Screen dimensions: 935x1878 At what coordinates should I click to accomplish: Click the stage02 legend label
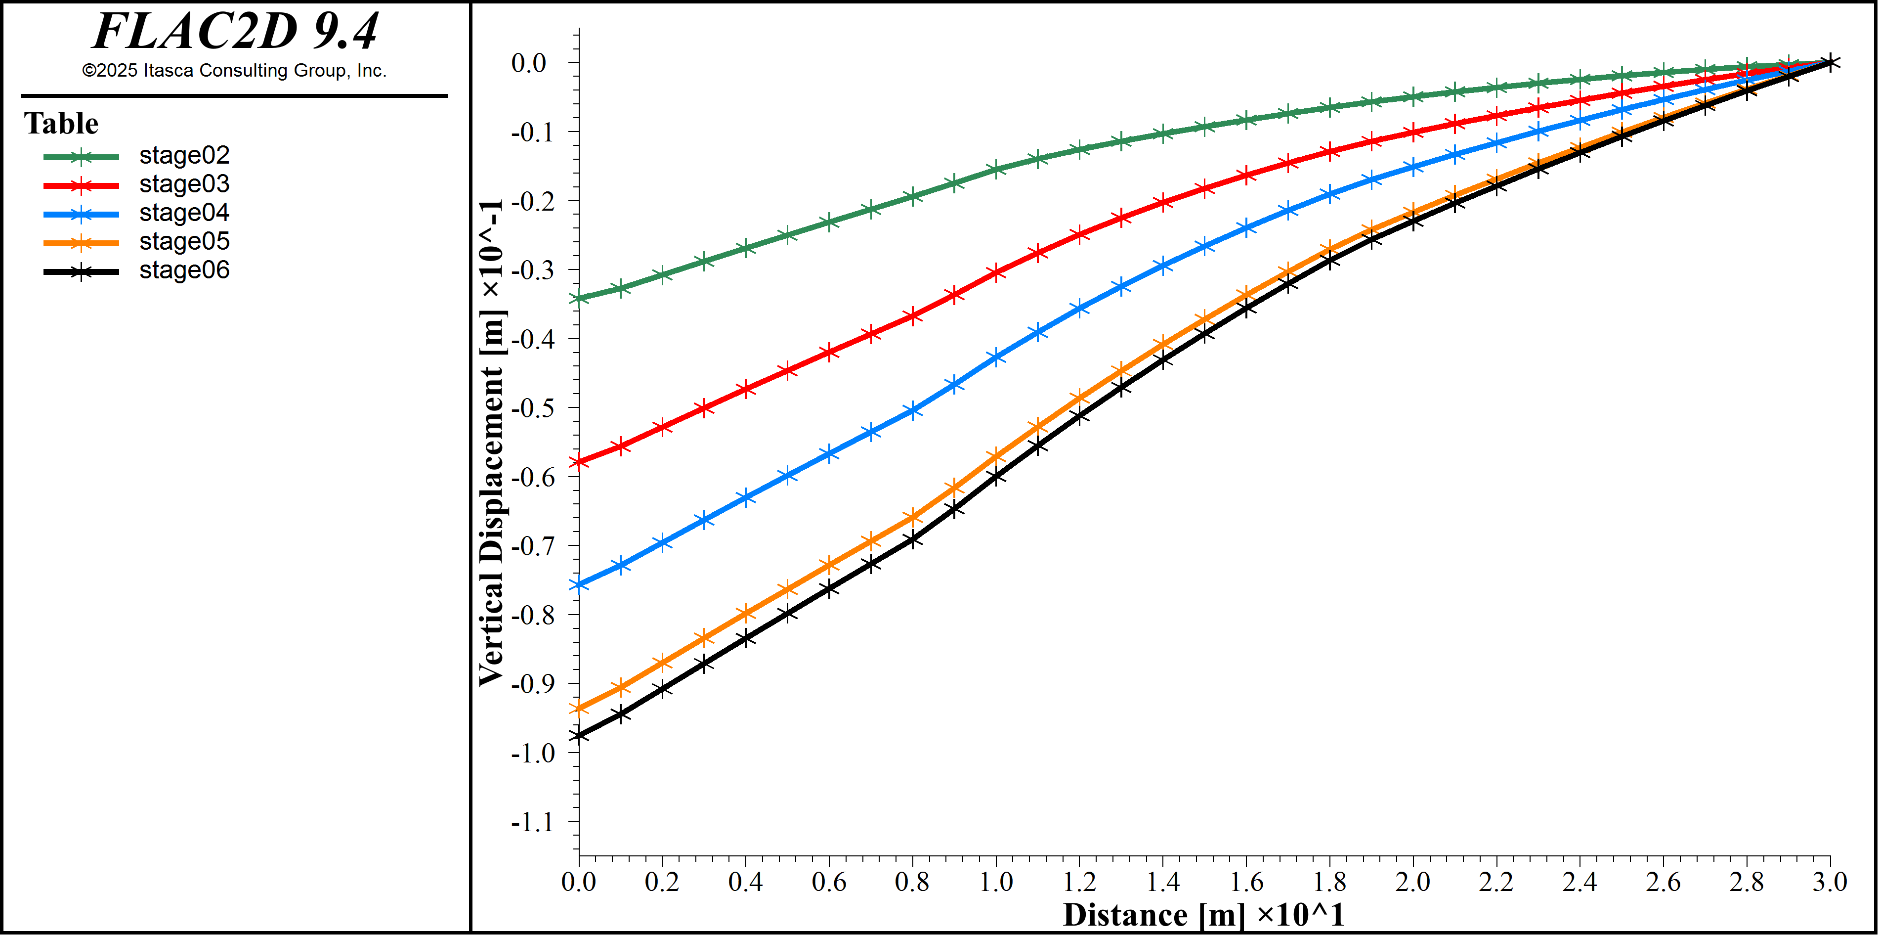click(184, 155)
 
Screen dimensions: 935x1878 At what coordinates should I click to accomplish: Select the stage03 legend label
click(184, 184)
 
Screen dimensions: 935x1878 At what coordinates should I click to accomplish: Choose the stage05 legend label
click(184, 241)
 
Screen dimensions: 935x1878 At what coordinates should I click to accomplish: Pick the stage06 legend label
click(184, 270)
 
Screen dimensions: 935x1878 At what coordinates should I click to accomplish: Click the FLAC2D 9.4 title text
click(235, 31)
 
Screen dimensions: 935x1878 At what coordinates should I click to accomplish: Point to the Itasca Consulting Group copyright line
click(234, 71)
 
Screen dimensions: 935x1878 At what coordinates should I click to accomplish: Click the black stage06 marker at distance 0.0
click(579, 735)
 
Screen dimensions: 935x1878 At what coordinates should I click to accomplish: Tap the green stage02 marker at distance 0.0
click(579, 298)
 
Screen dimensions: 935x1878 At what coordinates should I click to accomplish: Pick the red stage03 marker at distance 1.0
click(996, 273)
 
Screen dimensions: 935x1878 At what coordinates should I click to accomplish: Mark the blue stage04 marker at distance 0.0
click(579, 584)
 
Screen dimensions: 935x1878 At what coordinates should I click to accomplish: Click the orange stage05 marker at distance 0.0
click(579, 708)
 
